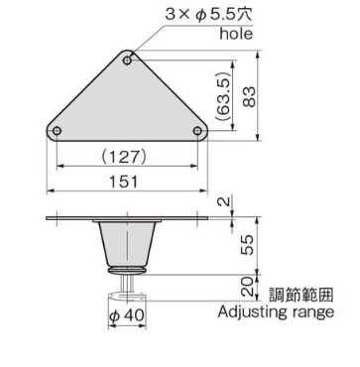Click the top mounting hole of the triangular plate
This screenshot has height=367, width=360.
[128, 61]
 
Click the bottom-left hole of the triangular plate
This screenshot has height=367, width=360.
[58, 132]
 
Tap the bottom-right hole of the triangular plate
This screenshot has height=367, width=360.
[197, 132]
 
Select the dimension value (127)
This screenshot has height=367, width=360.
[127, 157]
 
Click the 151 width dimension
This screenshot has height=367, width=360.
[127, 182]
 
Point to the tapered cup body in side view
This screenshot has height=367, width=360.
[127, 243]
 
